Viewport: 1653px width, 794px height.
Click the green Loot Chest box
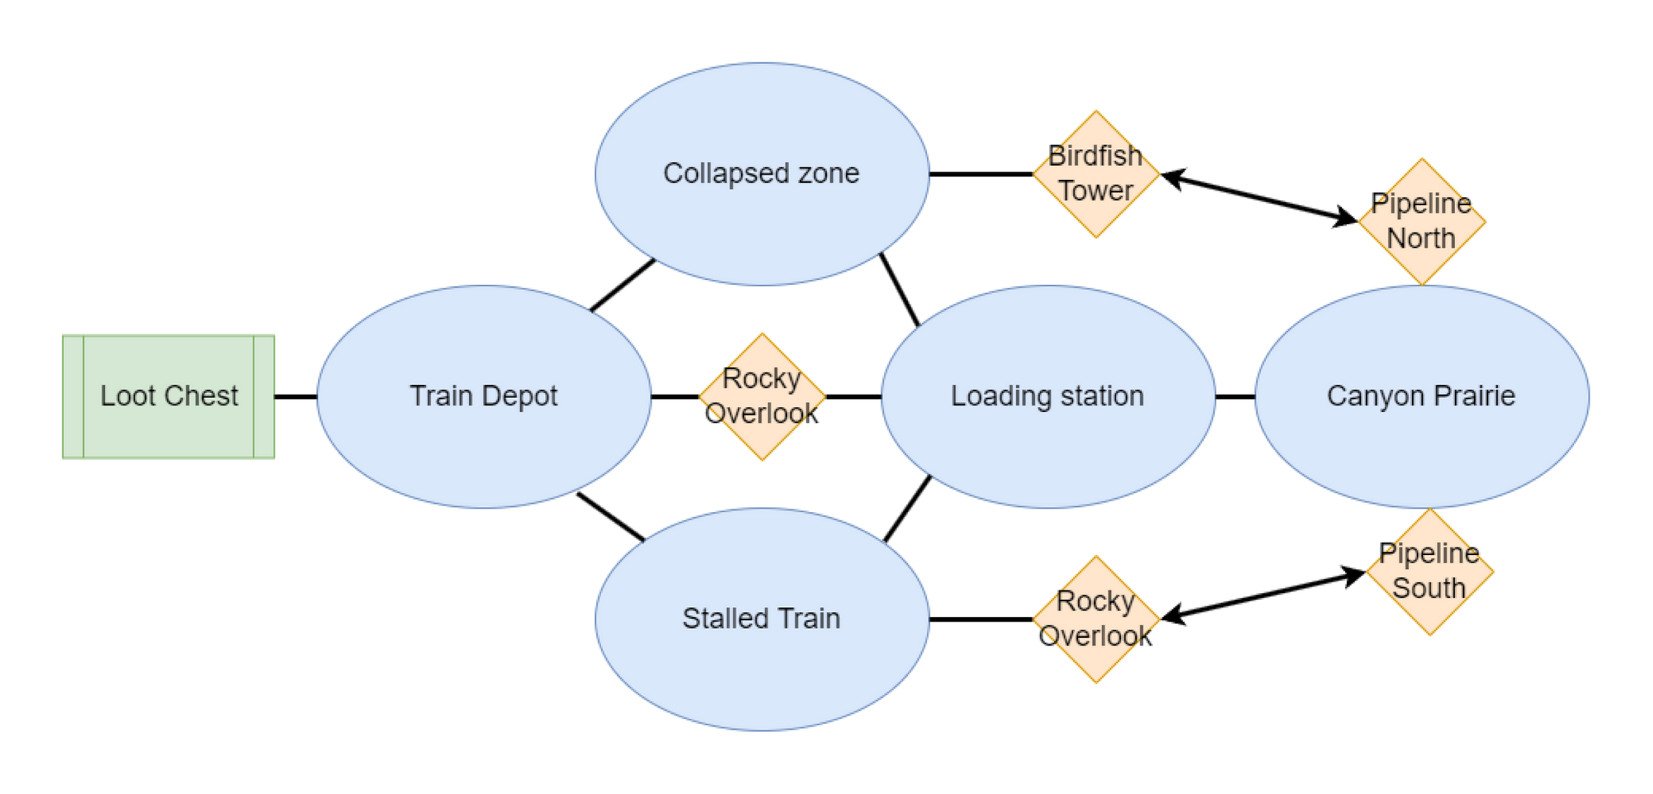pos(169,397)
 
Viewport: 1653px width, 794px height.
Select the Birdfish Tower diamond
pos(1096,174)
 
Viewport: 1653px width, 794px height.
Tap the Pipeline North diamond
pos(1422,221)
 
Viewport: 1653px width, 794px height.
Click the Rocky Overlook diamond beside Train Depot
pos(762,397)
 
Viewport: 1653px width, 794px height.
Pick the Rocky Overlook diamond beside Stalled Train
pos(1096,619)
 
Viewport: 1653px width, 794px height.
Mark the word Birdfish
pos(1096,156)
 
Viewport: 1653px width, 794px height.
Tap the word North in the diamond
pos(1421,239)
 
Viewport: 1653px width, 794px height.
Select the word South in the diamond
pos(1429,589)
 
